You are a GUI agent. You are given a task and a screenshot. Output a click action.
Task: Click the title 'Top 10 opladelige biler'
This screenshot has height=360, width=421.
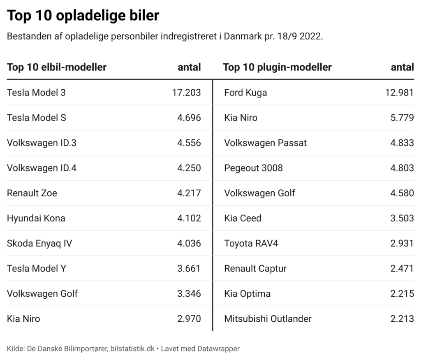[83, 16]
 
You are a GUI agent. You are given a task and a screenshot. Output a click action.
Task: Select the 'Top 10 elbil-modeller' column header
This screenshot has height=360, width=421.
[57, 67]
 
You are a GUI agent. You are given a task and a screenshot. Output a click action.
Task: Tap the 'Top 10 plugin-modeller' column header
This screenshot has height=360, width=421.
[277, 67]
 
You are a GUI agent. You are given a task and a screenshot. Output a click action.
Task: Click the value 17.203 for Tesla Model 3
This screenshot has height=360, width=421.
[186, 93]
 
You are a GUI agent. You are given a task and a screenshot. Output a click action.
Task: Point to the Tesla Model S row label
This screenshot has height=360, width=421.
[37, 118]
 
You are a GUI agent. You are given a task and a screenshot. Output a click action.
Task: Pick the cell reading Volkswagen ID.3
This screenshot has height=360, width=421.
[42, 143]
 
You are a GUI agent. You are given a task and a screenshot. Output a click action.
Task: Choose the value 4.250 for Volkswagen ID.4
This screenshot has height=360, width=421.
[189, 168]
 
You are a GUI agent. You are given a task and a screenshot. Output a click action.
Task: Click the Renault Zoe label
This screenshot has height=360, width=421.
[32, 193]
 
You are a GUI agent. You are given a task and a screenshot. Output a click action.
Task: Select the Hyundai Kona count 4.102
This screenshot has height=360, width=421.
[189, 218]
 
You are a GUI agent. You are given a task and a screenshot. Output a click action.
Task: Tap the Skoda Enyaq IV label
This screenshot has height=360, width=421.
[39, 243]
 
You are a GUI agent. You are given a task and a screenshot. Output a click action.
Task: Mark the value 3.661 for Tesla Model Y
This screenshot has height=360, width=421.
[189, 268]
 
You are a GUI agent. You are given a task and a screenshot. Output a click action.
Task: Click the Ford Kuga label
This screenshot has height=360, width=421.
[245, 93]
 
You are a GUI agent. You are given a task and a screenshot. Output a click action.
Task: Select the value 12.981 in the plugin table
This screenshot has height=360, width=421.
[399, 93]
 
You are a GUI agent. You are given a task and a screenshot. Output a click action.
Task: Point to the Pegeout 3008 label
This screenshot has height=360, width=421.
[253, 168]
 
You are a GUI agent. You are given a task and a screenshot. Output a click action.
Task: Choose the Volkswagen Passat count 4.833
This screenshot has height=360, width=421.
[402, 143]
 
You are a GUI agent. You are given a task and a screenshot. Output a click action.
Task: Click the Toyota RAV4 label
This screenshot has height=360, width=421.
[251, 243]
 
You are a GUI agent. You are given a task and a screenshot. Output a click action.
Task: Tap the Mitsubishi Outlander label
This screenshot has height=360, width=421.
[268, 318]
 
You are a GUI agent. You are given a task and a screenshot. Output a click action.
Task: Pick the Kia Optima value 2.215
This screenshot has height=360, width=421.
[402, 293]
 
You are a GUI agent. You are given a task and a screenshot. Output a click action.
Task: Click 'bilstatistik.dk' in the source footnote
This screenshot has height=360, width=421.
[132, 348]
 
